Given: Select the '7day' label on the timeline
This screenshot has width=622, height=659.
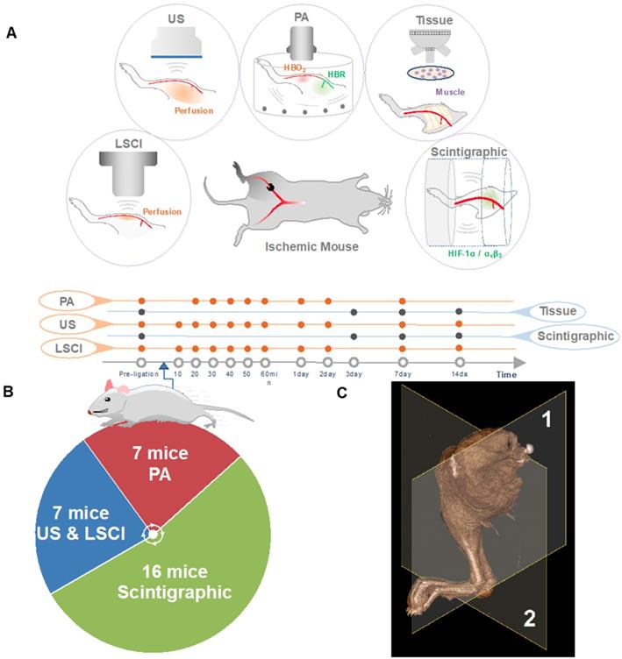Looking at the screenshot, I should (402, 373).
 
